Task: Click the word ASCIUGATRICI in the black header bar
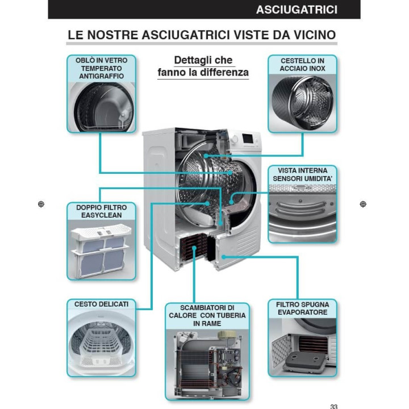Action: (x=297, y=10)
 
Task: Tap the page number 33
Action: (x=333, y=406)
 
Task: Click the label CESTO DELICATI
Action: (x=102, y=304)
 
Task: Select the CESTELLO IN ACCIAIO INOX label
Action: (x=302, y=65)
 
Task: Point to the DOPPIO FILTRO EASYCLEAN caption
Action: (x=102, y=211)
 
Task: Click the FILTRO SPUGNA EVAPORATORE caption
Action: (x=303, y=308)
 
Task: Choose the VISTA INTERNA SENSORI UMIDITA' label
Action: (x=303, y=174)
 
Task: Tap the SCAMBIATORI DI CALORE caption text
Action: (x=207, y=315)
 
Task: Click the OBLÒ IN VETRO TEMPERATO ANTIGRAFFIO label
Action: (x=102, y=68)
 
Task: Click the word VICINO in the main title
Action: (x=315, y=35)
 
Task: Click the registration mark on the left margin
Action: (x=41, y=204)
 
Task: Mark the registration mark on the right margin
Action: (x=363, y=204)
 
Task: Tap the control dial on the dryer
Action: (x=235, y=139)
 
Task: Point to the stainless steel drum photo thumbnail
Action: (x=302, y=103)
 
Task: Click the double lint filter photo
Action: (x=102, y=249)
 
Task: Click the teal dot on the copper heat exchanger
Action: (x=194, y=248)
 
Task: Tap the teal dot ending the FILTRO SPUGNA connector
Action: (x=224, y=257)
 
